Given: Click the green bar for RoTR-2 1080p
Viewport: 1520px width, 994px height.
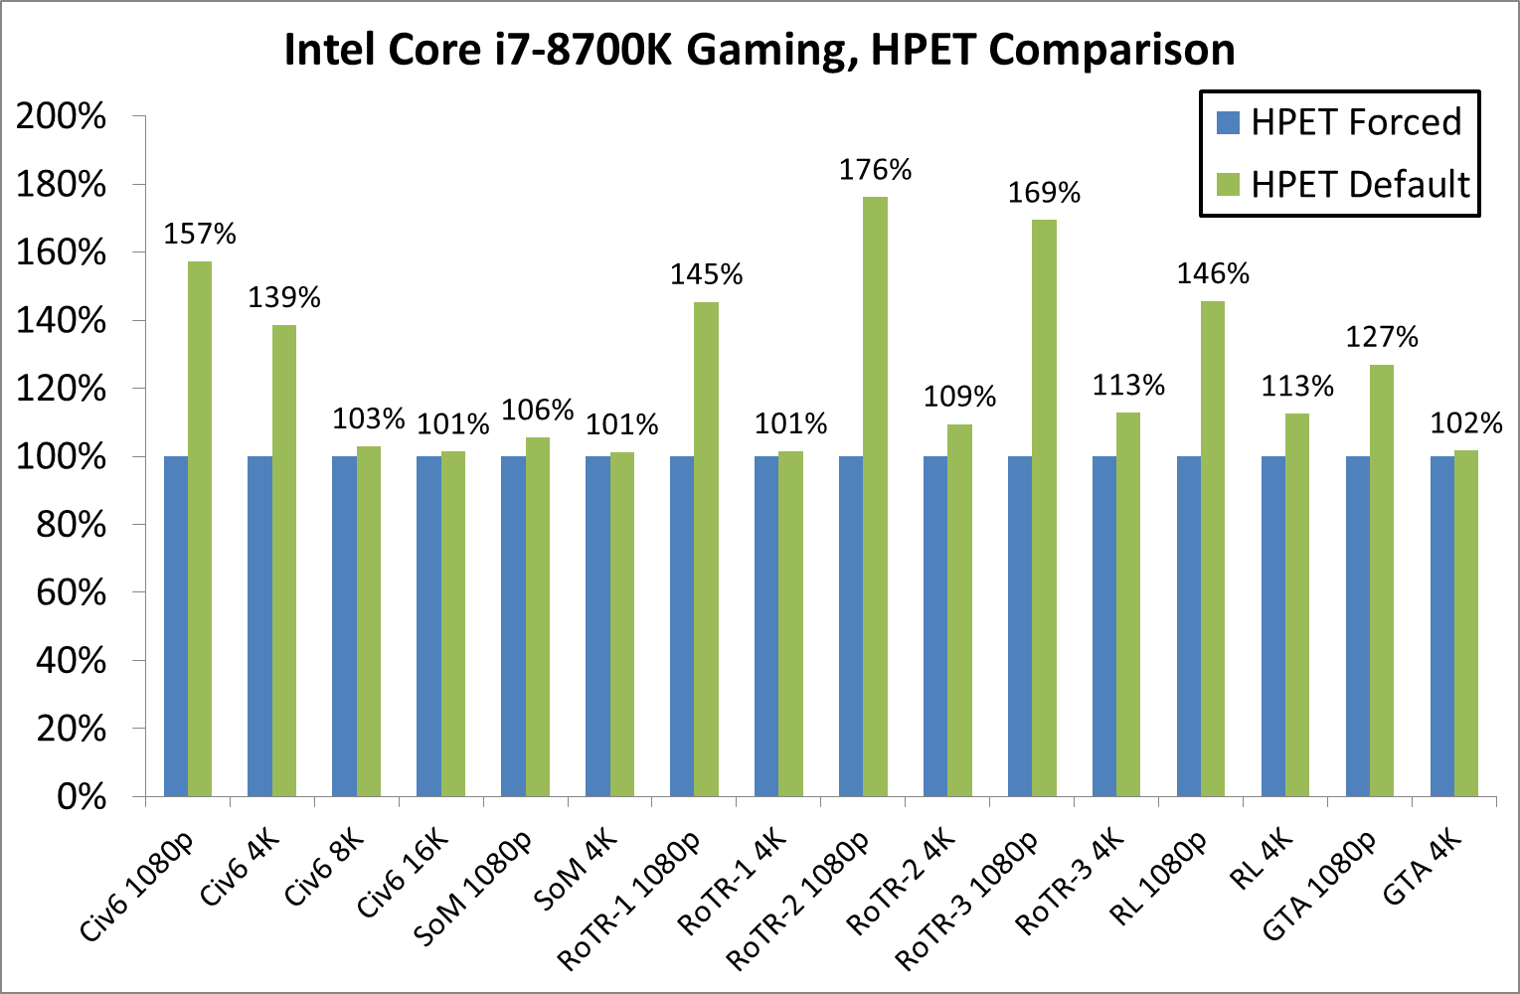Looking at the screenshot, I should pyautogui.click(x=875, y=497).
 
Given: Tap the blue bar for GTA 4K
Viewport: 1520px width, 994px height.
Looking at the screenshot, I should pyautogui.click(x=1441, y=626).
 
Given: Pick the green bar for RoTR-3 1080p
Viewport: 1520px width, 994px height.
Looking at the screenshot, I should pyautogui.click(x=1044, y=508).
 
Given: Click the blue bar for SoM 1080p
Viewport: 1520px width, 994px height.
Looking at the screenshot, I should pyautogui.click(x=513, y=626).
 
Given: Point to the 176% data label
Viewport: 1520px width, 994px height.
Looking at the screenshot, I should pyautogui.click(x=875, y=170).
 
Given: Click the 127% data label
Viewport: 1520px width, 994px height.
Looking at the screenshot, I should pyautogui.click(x=1382, y=337).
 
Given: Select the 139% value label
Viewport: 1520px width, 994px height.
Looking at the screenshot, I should pyautogui.click(x=284, y=297).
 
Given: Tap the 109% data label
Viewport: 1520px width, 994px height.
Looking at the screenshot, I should pyautogui.click(x=959, y=397).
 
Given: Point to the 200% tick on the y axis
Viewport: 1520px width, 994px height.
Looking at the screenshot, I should pyautogui.click(x=61, y=116).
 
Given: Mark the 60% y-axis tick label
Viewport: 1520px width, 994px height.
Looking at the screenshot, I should pyautogui.click(x=71, y=592).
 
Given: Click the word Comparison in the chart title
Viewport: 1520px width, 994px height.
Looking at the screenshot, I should pyautogui.click(x=1112, y=49).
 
